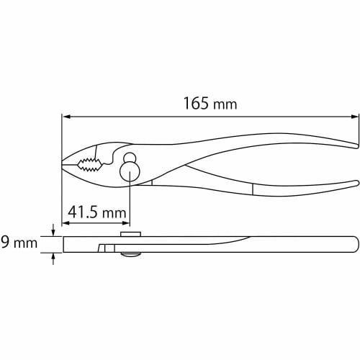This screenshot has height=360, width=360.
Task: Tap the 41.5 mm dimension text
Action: [x=96, y=212]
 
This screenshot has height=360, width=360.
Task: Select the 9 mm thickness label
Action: [x=19, y=243]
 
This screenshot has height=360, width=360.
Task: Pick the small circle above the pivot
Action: [x=130, y=158]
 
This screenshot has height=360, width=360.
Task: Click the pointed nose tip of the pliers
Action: [x=63, y=166]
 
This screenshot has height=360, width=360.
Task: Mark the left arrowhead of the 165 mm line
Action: [x=66, y=115]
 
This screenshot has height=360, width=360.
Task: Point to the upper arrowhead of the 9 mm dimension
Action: [x=53, y=232]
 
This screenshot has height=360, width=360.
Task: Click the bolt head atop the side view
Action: [x=130, y=233]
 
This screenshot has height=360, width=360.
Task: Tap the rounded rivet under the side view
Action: [x=130, y=254]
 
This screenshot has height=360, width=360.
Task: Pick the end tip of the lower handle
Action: [x=356, y=182]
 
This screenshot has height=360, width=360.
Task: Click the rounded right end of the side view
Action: [x=356, y=244]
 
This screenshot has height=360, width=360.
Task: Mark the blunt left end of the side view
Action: [x=65, y=244]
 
